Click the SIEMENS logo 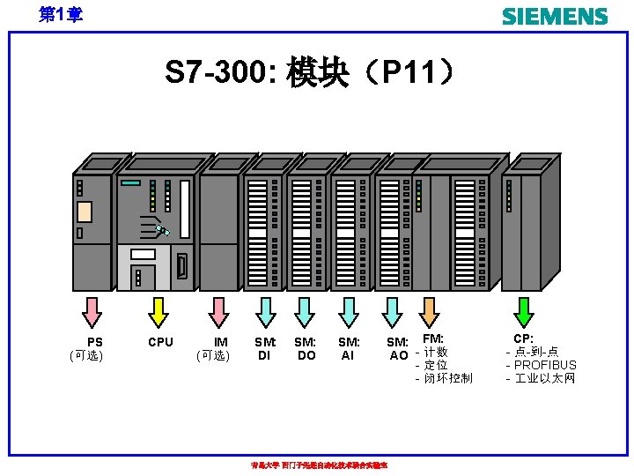554,16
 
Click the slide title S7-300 310,73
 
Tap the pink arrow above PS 92,311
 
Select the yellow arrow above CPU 158,311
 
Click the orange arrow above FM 429,311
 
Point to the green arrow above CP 524,311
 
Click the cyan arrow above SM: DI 265,311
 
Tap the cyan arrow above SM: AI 350,311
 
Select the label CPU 160,342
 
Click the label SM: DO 306,348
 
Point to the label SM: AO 398,348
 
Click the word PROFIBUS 545,365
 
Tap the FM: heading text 433,338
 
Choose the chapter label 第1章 61,14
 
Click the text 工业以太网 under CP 545,378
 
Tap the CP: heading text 524,338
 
